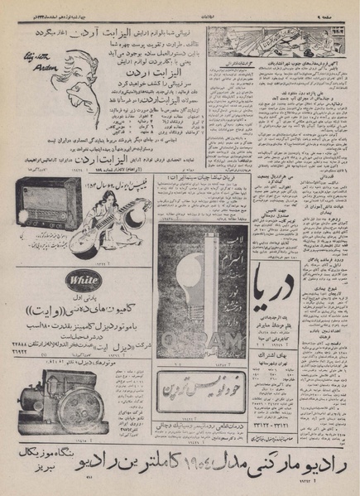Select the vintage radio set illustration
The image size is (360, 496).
point(49,203)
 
